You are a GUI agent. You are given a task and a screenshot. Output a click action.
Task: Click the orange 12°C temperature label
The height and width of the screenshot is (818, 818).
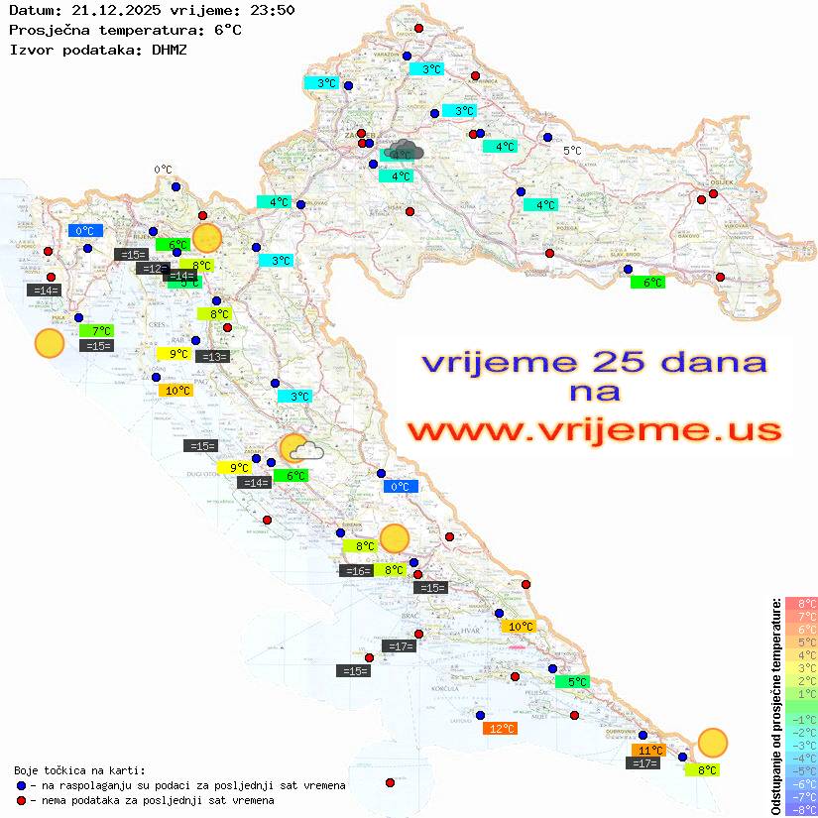(500, 729)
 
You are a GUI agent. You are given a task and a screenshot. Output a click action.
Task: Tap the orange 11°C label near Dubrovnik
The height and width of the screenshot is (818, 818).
(649, 751)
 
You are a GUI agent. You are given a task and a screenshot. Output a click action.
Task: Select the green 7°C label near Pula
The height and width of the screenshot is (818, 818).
(99, 330)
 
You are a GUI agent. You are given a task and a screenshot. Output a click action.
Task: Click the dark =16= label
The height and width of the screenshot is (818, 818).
(356, 571)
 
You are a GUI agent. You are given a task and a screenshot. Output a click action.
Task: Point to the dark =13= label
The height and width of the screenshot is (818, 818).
(213, 357)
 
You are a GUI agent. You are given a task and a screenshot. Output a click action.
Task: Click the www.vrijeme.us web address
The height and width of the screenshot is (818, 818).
(594, 430)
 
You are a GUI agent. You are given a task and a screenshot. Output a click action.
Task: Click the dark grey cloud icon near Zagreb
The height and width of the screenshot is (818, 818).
(405, 151)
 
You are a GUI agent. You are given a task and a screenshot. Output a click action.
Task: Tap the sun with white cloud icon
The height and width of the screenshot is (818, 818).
(299, 449)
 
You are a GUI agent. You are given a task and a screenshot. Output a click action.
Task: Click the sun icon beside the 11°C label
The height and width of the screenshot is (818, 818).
(712, 742)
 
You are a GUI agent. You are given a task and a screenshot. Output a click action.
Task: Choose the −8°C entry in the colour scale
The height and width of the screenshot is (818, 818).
(800, 810)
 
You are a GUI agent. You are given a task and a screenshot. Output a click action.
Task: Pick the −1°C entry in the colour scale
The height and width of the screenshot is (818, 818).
(800, 720)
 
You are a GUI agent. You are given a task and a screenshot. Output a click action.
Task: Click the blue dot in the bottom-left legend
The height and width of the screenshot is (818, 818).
(21, 785)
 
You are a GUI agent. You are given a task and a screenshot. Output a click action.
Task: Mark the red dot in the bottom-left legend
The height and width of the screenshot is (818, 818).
(21, 800)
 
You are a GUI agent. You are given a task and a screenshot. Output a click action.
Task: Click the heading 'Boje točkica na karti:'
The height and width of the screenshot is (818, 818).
(79, 770)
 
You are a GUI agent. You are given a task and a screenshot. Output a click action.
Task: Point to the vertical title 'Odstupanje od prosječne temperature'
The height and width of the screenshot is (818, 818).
(775, 707)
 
